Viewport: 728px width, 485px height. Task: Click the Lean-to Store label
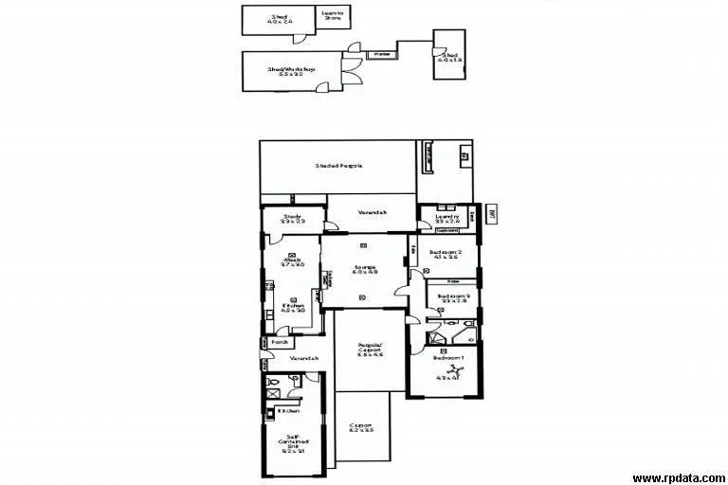[333, 15]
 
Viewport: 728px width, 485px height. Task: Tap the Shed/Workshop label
[291, 70]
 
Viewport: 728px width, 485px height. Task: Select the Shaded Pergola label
[338, 166]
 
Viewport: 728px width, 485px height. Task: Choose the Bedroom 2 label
[444, 254]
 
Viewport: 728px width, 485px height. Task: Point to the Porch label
[279, 342]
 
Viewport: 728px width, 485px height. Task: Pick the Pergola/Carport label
[370, 349]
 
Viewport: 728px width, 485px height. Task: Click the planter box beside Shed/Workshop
[382, 55]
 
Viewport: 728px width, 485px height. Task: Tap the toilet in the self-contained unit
[293, 381]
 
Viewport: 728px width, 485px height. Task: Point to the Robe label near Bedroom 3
[454, 281]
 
